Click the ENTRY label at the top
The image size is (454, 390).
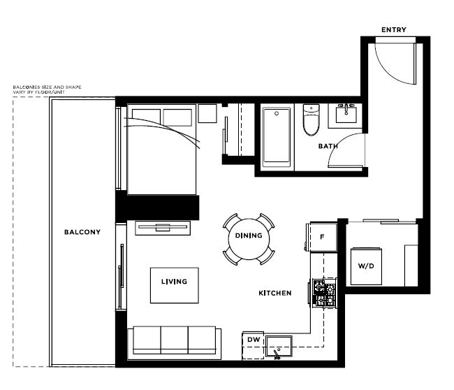point(393,30)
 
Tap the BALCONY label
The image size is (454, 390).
point(82,232)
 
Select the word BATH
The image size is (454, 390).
point(328,146)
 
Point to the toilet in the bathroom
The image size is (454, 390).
point(311,120)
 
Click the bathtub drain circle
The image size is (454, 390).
point(277,114)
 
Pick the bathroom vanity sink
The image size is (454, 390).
point(346,115)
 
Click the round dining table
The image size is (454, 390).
point(249,239)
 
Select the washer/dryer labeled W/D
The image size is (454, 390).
point(366,266)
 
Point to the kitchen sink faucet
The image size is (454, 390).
point(277,354)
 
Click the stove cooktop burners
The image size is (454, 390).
point(324,293)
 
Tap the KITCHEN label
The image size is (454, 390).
point(274,294)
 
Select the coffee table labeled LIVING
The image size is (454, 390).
point(175,285)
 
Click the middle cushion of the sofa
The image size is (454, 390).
point(175,340)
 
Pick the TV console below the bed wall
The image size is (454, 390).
point(163,228)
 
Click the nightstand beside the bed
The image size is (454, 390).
point(207,114)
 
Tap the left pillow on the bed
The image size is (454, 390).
point(146,117)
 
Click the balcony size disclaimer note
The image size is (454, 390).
point(47,89)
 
